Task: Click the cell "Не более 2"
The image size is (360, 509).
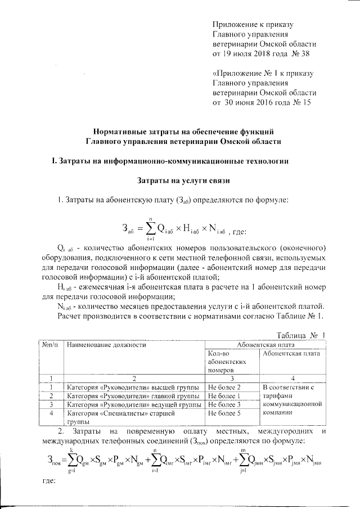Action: click(224, 388)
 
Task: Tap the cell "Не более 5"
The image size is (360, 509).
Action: click(224, 413)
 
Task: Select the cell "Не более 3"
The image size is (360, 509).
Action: click(224, 404)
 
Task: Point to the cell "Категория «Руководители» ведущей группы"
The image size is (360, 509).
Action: click(134, 404)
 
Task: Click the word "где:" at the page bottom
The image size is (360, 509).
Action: click(50, 482)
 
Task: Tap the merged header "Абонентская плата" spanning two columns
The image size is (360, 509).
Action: click(265, 345)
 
